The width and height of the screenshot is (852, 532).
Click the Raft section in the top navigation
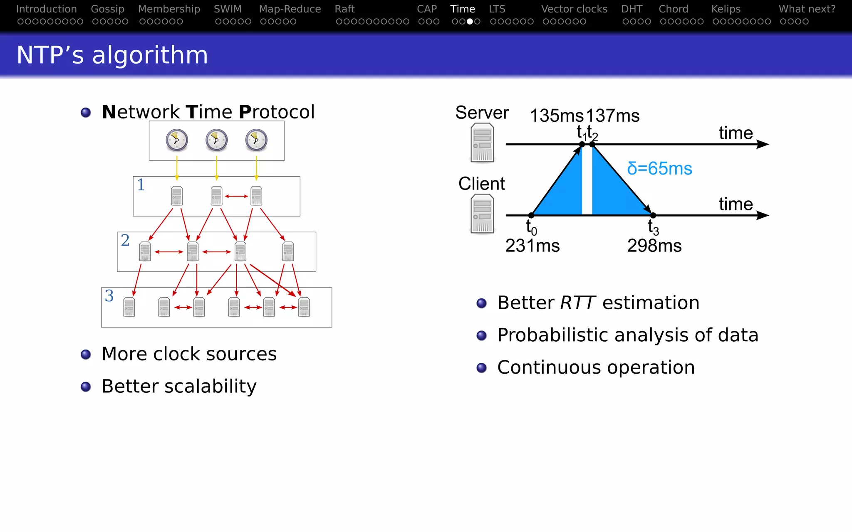click(344, 9)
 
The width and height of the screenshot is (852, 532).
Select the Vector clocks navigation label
click(574, 9)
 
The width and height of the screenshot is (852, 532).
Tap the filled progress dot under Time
click(470, 21)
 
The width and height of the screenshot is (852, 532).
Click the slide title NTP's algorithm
click(112, 55)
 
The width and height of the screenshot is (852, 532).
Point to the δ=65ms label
click(659, 169)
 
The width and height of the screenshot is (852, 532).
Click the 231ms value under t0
click(532, 246)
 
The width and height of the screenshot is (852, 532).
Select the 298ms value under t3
click(654, 246)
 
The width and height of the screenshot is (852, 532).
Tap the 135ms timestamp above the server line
click(556, 116)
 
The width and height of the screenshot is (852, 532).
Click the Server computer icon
click(482, 143)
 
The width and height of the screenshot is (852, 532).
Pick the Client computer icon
click(482, 214)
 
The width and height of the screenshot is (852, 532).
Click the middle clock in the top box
click(216, 140)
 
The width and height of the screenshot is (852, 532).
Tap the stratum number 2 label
click(125, 240)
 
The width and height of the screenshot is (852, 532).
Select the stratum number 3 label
click(109, 296)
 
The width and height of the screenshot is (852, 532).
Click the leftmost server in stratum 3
click(129, 307)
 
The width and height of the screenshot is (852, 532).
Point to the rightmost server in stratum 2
click(288, 251)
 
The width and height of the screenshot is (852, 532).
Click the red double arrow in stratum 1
click(236, 196)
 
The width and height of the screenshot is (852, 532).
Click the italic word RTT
click(577, 303)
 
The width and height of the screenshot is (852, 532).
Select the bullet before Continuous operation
click(481, 368)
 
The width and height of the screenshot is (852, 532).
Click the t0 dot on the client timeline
click(531, 215)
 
